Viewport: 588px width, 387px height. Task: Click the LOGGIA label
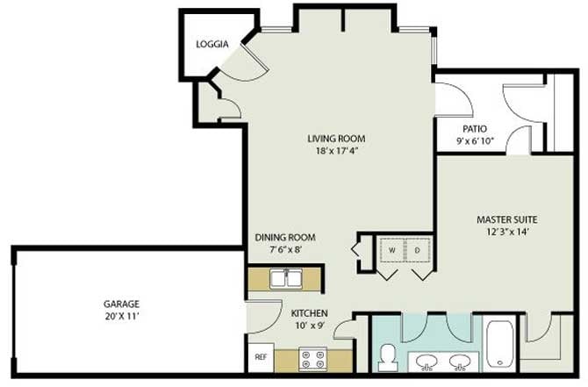212,44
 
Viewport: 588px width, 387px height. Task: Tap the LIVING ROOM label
336,139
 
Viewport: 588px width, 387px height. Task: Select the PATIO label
475,129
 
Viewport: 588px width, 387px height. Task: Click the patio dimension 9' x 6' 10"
475,141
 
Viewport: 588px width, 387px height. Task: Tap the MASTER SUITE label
506,219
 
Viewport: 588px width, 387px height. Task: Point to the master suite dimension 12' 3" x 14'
507,232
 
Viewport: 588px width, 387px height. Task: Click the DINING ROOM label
285,237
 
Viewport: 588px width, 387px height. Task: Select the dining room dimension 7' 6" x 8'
286,249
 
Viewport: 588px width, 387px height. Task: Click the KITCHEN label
310,313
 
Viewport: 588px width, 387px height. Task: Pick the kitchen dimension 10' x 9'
310,326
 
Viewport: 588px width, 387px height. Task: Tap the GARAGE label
121,304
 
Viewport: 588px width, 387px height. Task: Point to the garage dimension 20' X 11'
122,316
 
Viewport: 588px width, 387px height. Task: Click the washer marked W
392,250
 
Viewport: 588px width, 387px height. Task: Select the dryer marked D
418,250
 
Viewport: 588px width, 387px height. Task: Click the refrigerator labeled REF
261,357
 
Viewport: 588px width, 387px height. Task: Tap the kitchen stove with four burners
312,359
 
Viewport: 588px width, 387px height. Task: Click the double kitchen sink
286,279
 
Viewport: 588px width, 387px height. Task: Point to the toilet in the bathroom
387,358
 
